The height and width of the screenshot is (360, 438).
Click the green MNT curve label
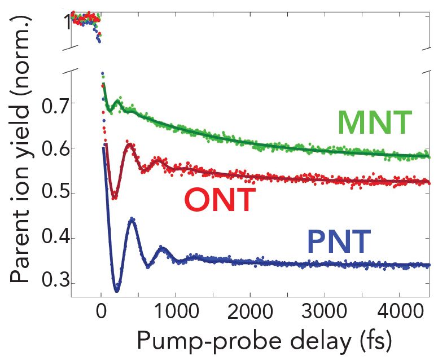coord(374,124)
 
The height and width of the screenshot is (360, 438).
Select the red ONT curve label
coord(220,200)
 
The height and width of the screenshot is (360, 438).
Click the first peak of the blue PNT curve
coord(132,218)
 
